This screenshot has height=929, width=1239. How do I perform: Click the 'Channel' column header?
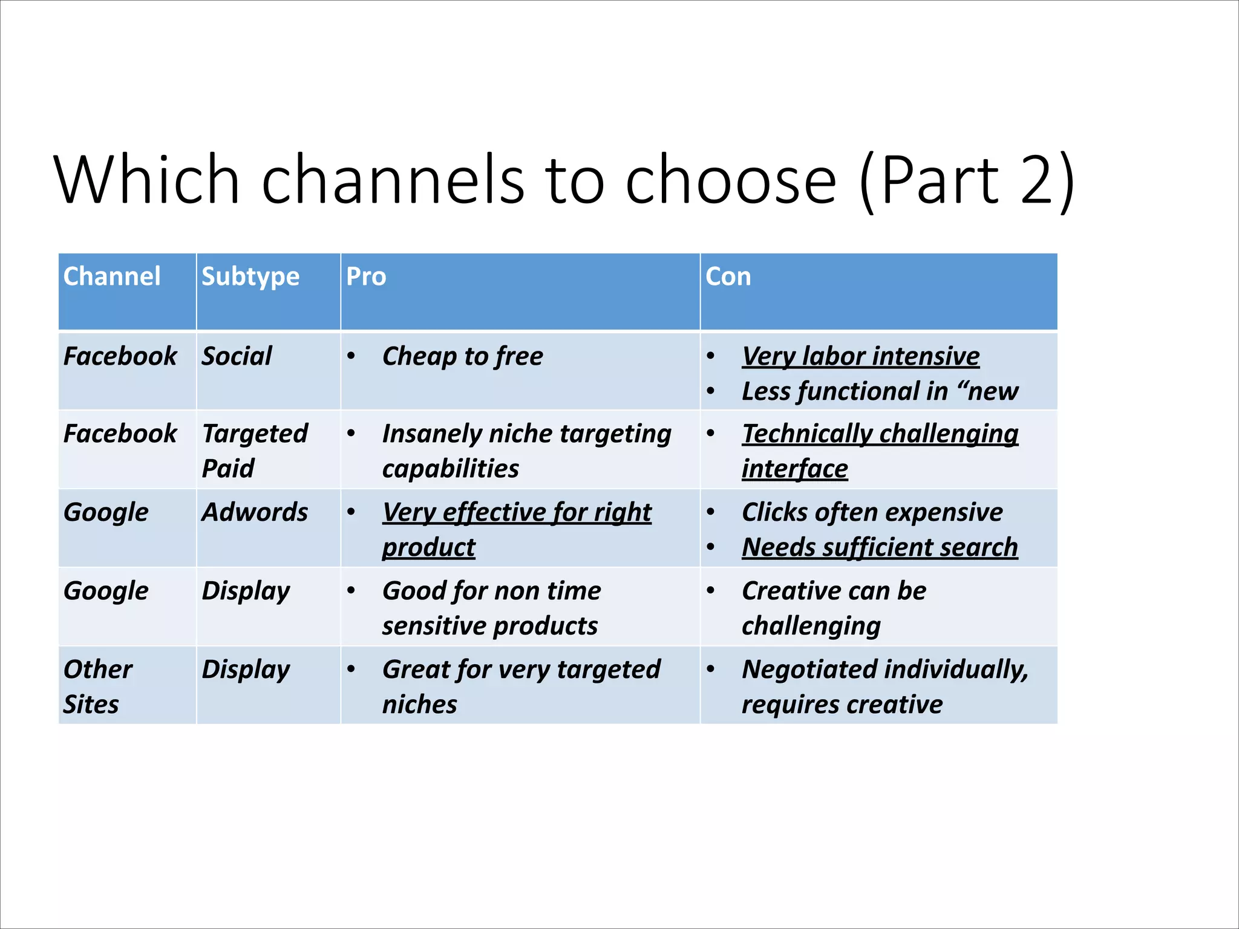click(112, 276)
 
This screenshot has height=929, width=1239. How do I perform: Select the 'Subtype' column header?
click(250, 276)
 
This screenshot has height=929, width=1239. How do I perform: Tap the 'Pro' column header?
click(366, 276)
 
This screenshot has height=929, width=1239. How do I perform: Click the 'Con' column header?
click(728, 276)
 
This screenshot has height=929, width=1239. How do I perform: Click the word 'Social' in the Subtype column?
click(237, 356)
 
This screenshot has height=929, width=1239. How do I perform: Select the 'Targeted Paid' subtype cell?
click(255, 451)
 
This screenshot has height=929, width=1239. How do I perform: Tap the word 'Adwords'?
click(255, 512)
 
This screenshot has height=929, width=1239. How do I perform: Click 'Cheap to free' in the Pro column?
click(463, 356)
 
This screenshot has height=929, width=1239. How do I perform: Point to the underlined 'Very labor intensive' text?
click(861, 356)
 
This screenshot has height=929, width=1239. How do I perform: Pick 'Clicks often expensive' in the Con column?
click(872, 512)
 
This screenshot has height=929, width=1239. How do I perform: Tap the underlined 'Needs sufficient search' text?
click(880, 547)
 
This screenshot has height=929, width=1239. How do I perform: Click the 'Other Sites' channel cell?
click(97, 686)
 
